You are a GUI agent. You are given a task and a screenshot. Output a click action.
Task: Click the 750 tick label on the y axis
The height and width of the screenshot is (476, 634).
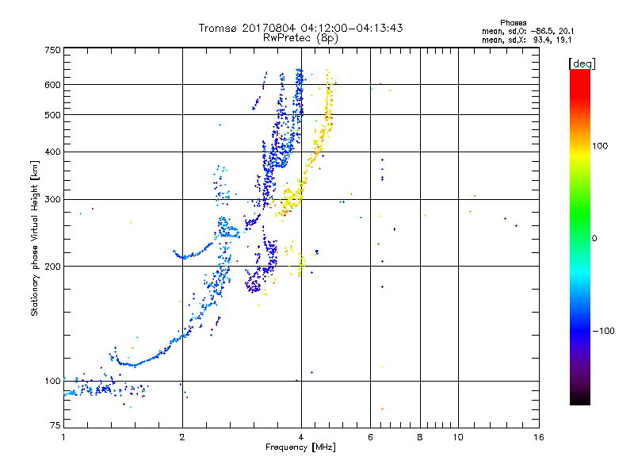pos(52,50)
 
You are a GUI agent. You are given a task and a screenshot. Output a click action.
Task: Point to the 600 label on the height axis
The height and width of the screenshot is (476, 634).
pos(52,85)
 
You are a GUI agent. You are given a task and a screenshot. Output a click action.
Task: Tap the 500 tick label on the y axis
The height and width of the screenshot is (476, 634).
pos(52,115)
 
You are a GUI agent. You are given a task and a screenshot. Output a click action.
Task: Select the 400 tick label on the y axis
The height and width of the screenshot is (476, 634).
pos(52,152)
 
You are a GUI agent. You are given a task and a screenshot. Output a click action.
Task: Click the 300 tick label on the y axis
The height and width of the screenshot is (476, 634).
pos(52,199)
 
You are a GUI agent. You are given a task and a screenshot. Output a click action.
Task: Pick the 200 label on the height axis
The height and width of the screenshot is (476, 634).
pos(52,267)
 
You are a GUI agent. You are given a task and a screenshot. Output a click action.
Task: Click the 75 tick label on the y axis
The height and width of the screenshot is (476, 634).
pos(55,425)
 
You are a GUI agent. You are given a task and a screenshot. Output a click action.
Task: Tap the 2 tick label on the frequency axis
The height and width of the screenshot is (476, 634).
pos(182,437)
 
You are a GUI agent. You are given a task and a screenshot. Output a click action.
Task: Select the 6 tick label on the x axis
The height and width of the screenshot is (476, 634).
pos(370,437)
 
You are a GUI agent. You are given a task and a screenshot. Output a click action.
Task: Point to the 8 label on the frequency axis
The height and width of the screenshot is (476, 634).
pos(420,437)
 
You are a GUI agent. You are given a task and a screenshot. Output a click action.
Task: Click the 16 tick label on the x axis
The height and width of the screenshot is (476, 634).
pos(539,437)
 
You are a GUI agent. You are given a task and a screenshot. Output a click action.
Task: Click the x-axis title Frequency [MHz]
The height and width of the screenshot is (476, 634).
pos(300,447)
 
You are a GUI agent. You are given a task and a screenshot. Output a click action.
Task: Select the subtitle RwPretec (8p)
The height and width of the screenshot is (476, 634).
pos(300,38)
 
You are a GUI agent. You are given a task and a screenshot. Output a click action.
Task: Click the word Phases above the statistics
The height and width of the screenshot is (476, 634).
pos(513,23)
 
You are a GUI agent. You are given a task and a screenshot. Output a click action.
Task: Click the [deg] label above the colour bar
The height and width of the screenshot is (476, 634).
pos(582,63)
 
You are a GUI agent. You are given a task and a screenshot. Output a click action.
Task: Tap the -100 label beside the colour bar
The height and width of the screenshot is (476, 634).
pos(604,331)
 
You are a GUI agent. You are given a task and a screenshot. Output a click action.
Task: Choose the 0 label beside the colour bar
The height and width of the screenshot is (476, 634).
pos(594,239)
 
